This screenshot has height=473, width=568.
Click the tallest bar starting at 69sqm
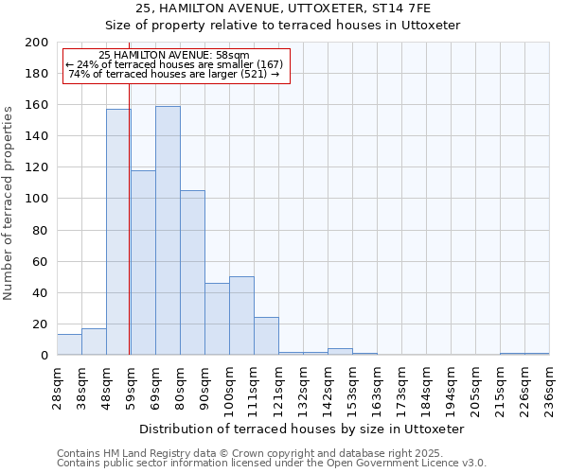click(168, 231)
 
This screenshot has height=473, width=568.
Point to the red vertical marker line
click(129, 236)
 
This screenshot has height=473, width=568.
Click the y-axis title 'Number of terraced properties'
click(9, 202)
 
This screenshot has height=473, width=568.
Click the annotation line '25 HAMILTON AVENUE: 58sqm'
click(174, 56)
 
